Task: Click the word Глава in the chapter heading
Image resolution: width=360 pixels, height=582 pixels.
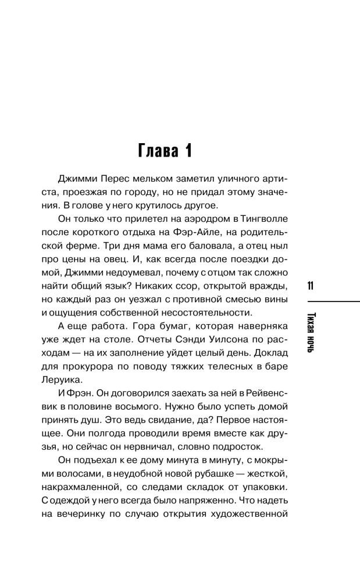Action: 159,152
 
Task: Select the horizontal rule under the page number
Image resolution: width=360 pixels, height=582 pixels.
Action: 329,301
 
